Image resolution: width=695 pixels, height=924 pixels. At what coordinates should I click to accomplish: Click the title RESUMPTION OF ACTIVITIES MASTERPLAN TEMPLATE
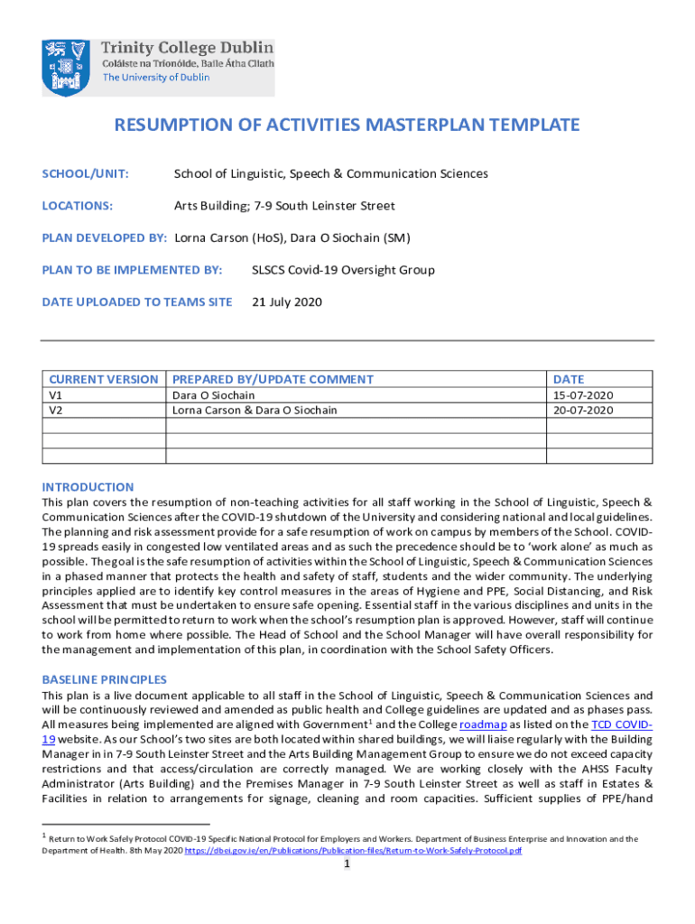pos(347,125)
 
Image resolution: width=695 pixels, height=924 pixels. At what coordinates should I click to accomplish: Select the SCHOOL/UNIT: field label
pos(86,173)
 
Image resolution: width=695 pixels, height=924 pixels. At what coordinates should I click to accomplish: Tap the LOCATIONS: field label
pos(78,206)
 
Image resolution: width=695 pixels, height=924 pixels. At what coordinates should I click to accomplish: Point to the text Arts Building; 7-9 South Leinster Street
pos(284,206)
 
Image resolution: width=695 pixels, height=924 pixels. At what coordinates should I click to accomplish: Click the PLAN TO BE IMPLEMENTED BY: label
pos(132,270)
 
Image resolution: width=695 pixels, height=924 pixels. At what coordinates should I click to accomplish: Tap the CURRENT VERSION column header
pos(104,380)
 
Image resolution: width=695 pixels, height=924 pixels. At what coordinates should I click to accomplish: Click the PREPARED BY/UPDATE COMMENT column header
pos(273,380)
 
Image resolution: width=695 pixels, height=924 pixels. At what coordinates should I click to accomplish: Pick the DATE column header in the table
pos(569,380)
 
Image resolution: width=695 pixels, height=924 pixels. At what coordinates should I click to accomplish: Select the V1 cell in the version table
pos(55,395)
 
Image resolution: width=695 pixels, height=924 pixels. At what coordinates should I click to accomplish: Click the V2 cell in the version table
pos(55,410)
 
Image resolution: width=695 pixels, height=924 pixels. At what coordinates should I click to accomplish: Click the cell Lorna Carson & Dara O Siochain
pos(255,410)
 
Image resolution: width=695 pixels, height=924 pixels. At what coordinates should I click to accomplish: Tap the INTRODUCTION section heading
pos(88,486)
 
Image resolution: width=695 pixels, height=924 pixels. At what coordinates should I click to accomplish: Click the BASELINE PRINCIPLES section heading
pos(104,679)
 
